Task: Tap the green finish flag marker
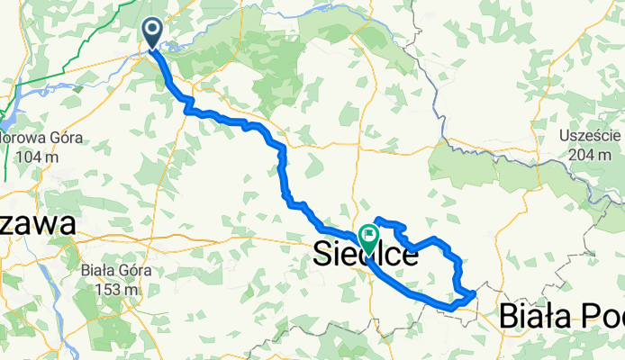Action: (x=368, y=238)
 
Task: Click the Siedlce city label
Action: (x=367, y=256)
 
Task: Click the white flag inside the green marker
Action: (x=368, y=236)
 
